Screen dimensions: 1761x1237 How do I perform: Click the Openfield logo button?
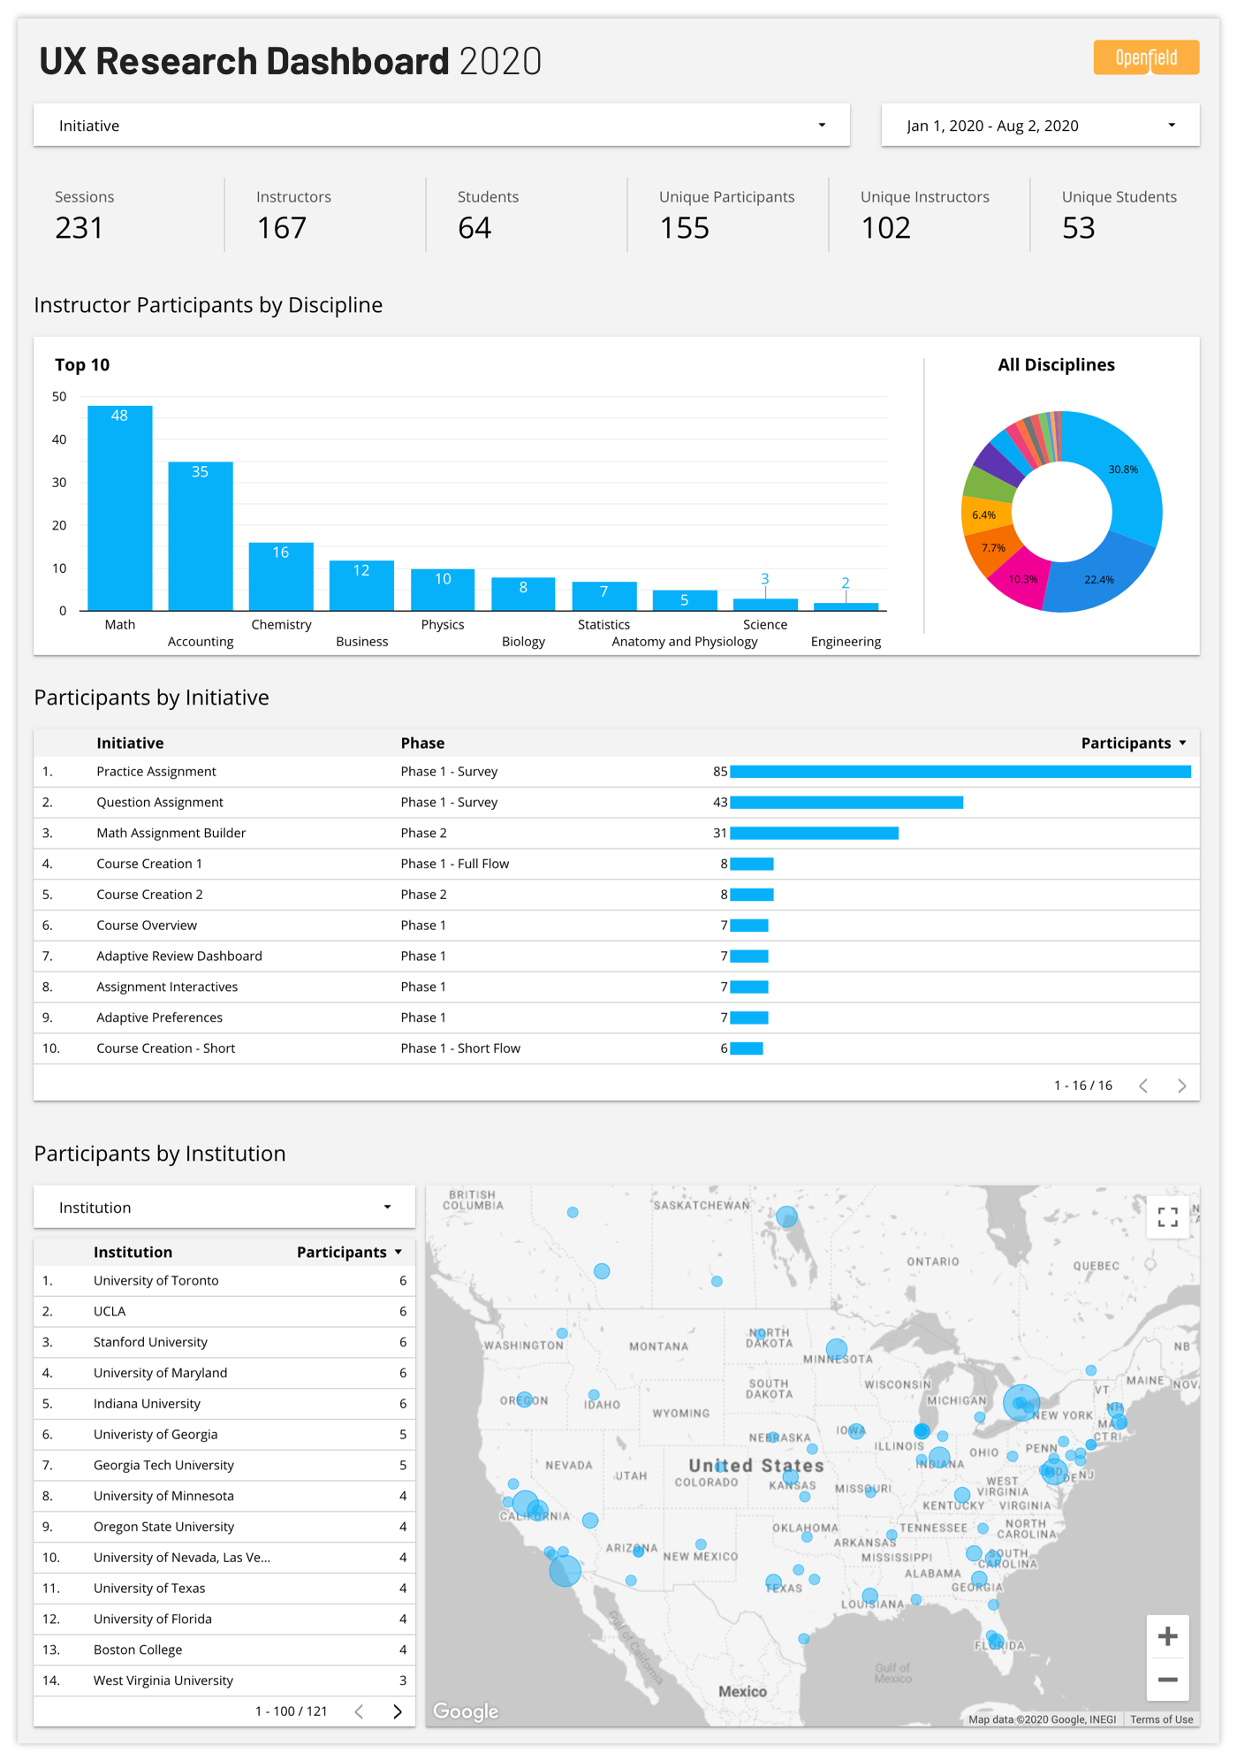1145,57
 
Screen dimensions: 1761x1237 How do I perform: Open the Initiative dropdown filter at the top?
441,126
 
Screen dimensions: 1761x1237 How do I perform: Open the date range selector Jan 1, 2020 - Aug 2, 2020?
1039,126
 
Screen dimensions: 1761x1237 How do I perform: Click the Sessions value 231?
80,228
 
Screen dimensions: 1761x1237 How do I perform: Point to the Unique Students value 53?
1078,228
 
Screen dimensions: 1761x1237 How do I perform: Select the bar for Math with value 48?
120,508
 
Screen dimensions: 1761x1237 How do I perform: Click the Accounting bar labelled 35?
201,536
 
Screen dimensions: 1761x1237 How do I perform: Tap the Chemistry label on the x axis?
281,624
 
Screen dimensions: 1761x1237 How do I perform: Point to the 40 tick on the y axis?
59,439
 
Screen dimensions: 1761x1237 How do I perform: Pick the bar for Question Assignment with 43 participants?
846,803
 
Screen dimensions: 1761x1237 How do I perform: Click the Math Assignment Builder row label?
171,833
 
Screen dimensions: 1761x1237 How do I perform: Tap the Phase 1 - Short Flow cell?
460,1048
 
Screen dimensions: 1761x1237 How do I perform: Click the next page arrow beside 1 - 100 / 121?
398,1711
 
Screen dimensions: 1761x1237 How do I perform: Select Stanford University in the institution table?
150,1342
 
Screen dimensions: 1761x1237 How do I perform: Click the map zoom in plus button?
1167,1636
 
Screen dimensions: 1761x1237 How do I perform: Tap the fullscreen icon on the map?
1167,1217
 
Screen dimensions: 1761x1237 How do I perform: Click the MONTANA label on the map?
658,1346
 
